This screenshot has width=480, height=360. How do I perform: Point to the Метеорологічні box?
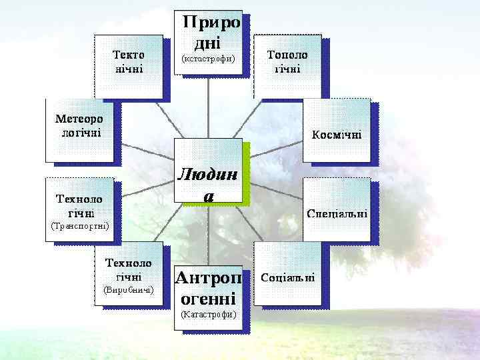[x=79, y=130]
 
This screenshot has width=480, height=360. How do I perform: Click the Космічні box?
[x=337, y=130]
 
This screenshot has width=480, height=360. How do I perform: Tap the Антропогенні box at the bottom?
[x=208, y=293]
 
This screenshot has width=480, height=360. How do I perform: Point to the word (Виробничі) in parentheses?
[x=129, y=290]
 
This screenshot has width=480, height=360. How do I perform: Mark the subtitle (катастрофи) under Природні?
[x=208, y=59]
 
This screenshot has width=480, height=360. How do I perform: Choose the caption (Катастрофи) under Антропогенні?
[x=208, y=313]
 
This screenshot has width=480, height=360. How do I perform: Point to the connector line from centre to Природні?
[x=208, y=107]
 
